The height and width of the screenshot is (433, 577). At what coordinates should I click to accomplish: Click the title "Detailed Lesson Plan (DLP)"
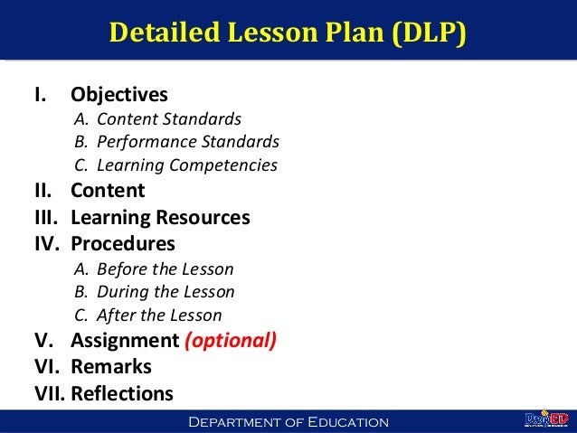pyautogui.click(x=288, y=33)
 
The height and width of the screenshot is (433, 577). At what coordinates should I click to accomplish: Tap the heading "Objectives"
pyautogui.click(x=119, y=95)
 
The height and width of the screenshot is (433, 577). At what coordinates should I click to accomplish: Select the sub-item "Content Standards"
pyautogui.click(x=169, y=119)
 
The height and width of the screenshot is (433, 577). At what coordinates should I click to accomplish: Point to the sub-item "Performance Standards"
pyautogui.click(x=188, y=143)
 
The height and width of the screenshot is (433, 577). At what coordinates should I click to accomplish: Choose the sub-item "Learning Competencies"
pyautogui.click(x=186, y=166)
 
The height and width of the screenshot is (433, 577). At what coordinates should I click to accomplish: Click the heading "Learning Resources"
pyautogui.click(x=160, y=218)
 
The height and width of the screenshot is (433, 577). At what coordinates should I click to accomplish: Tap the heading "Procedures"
pyautogui.click(x=123, y=244)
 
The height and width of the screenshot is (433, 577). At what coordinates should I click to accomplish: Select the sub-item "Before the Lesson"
pyautogui.click(x=165, y=269)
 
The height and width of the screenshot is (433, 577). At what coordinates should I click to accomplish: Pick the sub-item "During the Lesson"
pyautogui.click(x=166, y=293)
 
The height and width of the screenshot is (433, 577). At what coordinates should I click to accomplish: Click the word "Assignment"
pyautogui.click(x=125, y=341)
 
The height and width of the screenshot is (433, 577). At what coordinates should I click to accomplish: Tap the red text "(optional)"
pyautogui.click(x=231, y=341)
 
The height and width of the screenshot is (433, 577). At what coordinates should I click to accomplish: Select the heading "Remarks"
pyautogui.click(x=111, y=367)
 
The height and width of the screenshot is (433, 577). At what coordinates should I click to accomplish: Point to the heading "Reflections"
pyautogui.click(x=121, y=393)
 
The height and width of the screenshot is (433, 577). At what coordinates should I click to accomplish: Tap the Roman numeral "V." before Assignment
pyautogui.click(x=44, y=341)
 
